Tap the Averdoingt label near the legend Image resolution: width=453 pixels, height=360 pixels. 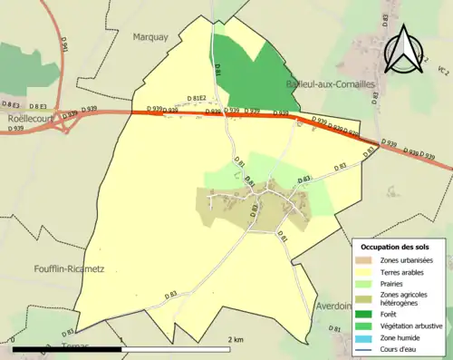pyautogui.click(x=333, y=306)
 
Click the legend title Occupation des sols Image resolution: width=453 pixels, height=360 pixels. pyautogui.click(x=396, y=247)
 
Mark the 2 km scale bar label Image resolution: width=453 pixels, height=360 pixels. pyautogui.click(x=236, y=340)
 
